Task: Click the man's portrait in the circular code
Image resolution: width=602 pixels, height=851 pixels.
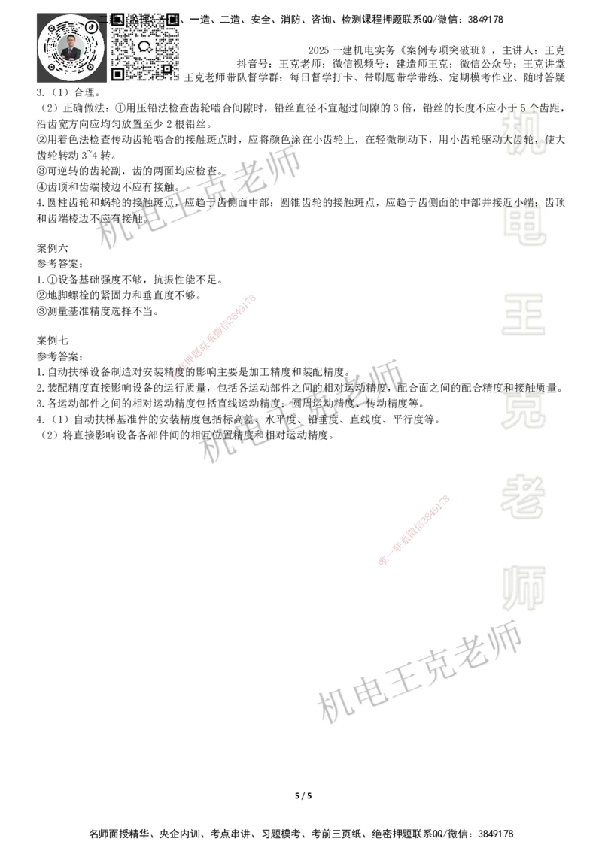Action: (71, 48)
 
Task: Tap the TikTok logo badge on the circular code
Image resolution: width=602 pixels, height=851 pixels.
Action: (92, 27)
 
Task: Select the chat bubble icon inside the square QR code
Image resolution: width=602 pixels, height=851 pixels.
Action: (144, 46)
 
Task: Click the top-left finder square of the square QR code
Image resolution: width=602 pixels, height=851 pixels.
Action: (117, 20)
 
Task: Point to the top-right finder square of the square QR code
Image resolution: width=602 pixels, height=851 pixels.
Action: (172, 20)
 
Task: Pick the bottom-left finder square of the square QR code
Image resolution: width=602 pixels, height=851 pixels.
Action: (117, 74)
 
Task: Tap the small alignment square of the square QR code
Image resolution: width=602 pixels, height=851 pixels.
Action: (166, 69)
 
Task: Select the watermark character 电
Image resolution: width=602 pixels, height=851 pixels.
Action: (527, 224)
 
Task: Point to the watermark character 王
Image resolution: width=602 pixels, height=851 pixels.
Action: (524, 315)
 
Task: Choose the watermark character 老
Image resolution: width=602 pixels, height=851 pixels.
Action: (524, 496)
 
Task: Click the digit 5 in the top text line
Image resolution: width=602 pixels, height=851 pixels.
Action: (523, 107)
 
